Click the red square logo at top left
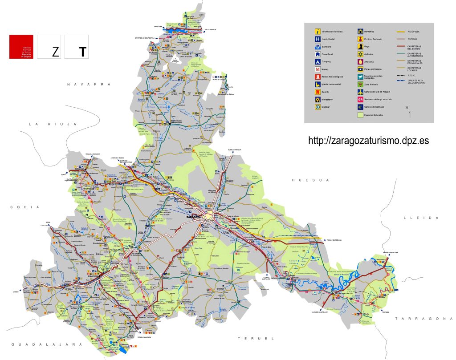tap(21, 46)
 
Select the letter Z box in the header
tap(55, 52)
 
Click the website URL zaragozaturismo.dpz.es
tap(369, 141)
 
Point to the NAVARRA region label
tap(89, 84)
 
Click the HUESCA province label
tap(310, 180)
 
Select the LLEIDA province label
tap(421, 218)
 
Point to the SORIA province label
tap(25, 207)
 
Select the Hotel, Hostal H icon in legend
tap(318, 39)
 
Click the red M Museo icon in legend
tap(318, 69)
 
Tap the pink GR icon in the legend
tap(360, 100)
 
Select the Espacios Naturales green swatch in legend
tap(360, 115)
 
